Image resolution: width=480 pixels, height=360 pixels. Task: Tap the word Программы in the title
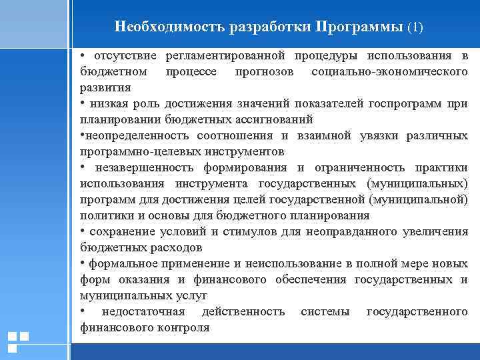tap(360, 28)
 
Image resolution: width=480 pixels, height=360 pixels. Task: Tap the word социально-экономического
tap(389, 71)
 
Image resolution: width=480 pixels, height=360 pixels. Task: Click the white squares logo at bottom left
tap(17, 342)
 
